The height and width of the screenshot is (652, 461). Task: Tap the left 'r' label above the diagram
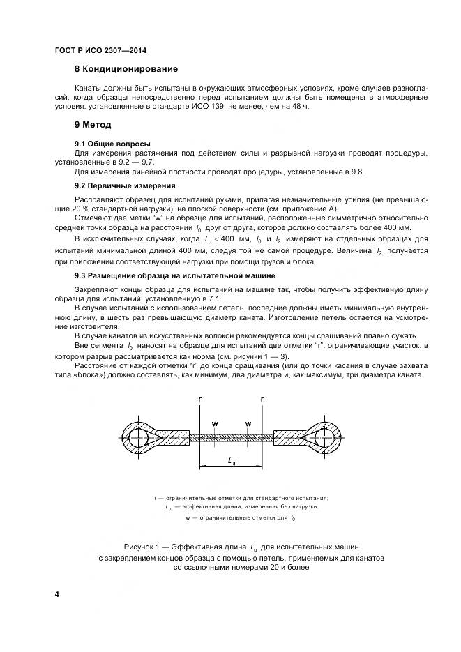coord(199,399)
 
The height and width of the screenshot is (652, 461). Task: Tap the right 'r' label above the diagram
coord(262,399)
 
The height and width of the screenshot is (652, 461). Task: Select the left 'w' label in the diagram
coord(215,423)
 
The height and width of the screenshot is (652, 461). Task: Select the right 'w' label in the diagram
coord(248,423)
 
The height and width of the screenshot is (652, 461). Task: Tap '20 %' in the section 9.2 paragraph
coord(85,209)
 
